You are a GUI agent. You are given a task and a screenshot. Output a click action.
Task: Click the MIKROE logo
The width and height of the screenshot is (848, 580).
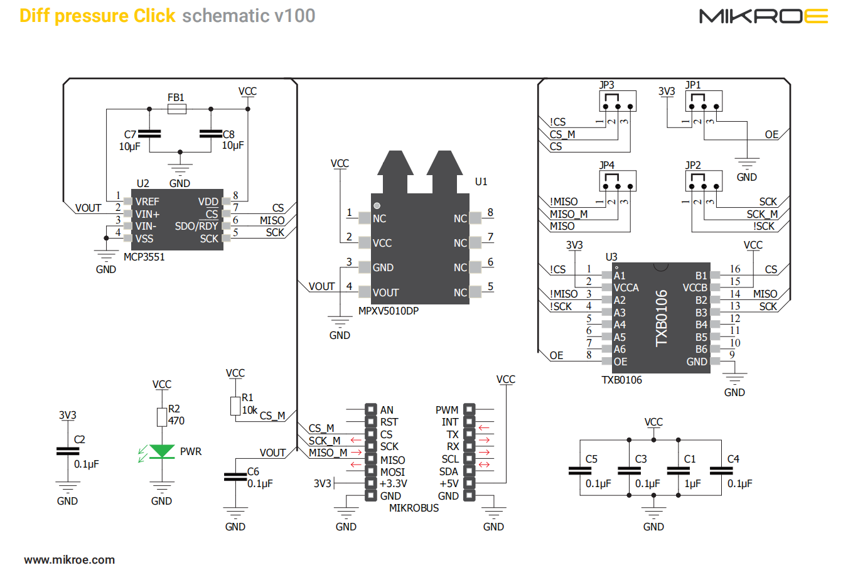pos(763,16)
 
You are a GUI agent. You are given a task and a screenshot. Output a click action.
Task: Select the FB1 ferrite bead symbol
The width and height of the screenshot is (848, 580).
pos(177,109)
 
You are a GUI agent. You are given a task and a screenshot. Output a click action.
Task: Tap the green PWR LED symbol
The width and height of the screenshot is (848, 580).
pos(162,451)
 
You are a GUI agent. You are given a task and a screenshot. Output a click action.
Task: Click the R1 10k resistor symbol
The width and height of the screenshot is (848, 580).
pos(235,405)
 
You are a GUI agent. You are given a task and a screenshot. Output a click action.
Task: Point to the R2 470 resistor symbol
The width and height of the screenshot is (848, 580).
pos(162,417)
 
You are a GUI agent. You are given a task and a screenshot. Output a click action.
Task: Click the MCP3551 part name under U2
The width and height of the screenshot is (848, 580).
pos(144,257)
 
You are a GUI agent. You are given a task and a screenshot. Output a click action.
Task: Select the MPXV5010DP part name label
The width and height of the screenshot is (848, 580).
pos(388,311)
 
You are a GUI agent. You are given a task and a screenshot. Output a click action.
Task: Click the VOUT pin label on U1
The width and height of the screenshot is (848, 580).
pos(385,293)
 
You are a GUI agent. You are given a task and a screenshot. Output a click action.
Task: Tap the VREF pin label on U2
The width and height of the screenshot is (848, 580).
pos(148,201)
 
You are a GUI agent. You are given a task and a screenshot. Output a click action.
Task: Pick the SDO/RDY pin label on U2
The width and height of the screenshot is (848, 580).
pos(196,226)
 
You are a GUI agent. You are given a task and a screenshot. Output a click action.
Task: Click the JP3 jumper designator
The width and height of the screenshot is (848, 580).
pos(606,85)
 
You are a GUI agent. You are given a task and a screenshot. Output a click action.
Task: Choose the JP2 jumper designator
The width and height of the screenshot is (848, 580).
pos(693,165)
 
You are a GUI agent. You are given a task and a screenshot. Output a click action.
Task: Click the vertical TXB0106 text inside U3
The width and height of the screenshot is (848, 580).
pos(662,318)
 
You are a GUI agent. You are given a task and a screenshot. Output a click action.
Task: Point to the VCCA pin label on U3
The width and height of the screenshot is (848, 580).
pos(626,287)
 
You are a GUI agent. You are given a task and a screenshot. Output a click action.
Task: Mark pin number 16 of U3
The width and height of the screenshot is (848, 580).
pos(735,269)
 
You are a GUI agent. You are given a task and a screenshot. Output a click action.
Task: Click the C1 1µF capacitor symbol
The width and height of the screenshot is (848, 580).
pos(679,470)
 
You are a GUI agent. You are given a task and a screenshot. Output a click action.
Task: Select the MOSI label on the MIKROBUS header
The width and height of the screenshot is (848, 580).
pos(392,472)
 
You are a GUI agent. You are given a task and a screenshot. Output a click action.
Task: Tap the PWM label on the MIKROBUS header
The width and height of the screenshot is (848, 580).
pos(447,410)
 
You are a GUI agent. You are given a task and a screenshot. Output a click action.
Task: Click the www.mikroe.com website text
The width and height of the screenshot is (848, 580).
pos(70,560)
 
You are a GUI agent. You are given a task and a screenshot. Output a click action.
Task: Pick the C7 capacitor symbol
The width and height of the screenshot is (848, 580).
pos(149,134)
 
